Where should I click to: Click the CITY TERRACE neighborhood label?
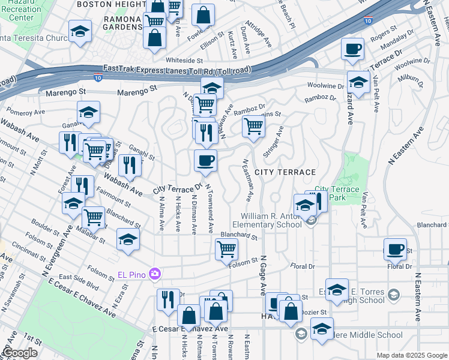285,172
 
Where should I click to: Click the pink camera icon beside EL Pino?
155,274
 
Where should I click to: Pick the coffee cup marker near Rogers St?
352,49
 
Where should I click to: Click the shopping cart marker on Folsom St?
226,248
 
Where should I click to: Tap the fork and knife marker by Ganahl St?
130,166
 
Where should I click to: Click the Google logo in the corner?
19,353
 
